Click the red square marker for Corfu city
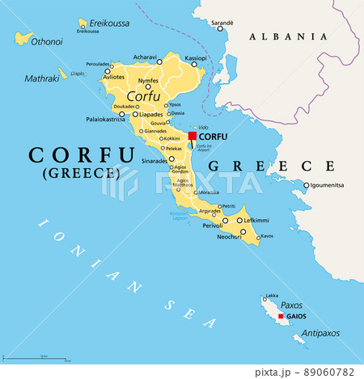(x=192, y=137)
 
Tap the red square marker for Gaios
(x=281, y=317)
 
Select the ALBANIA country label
(x=288, y=36)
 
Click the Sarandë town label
(x=222, y=23)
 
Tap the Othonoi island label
(x=45, y=41)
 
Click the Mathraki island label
(x=43, y=79)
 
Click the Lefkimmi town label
(x=260, y=219)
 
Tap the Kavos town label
(x=267, y=236)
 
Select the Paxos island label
(x=291, y=305)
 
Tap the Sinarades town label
(x=132, y=161)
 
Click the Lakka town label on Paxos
(x=272, y=296)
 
